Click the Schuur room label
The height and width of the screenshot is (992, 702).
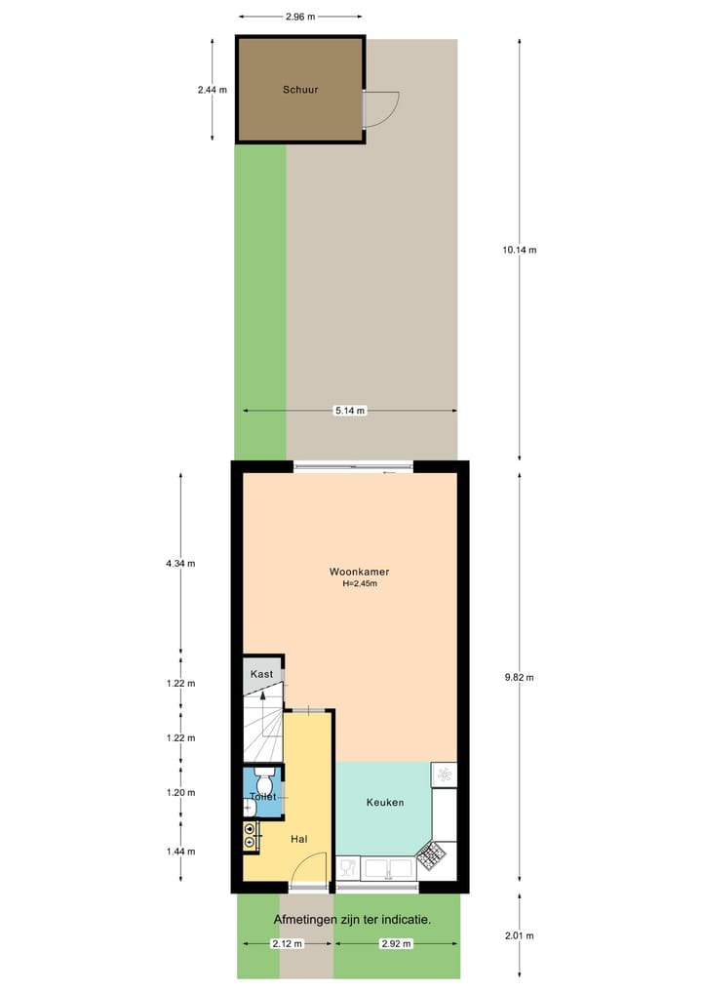click(x=300, y=90)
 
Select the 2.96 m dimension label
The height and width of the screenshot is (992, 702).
click(x=299, y=17)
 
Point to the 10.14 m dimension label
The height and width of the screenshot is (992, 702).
click(x=519, y=250)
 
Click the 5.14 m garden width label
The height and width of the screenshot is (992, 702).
click(x=349, y=411)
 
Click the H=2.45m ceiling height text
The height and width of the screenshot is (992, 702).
click(x=359, y=585)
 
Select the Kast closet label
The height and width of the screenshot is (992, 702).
click(x=260, y=675)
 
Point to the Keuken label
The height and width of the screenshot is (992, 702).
click(x=384, y=802)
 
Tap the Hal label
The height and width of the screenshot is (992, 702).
click(x=299, y=839)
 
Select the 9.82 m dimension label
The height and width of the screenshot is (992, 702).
click(x=519, y=678)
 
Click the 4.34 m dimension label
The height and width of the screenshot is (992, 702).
click(x=181, y=563)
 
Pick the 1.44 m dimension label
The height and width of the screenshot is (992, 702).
click(x=181, y=851)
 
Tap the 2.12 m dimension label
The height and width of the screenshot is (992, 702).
click(x=287, y=943)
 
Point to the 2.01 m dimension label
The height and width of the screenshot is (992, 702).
click(x=519, y=936)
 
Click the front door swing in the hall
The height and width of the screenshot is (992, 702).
click(x=310, y=867)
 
